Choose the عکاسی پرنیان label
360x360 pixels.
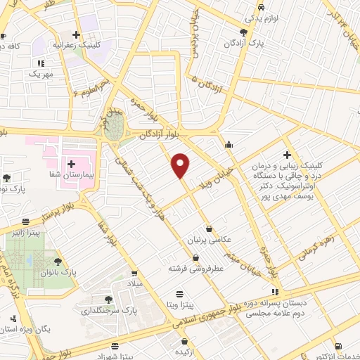click(x=211, y=240)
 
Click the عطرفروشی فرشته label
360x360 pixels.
click(x=195, y=269)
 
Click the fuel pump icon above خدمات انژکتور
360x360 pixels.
click(x=340, y=345)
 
